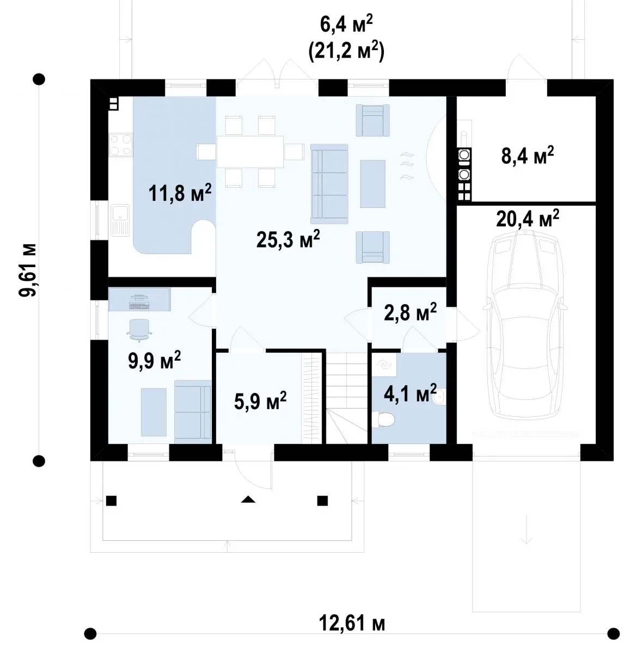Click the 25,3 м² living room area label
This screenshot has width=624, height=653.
(x=288, y=239)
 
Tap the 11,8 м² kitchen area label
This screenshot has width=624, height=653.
(x=180, y=193)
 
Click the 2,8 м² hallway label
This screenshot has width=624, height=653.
(x=410, y=311)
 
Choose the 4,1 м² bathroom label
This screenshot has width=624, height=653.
(x=410, y=393)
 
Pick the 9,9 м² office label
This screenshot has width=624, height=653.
(x=154, y=360)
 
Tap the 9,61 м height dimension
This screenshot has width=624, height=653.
(x=27, y=270)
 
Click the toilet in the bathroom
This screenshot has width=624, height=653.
(x=383, y=420)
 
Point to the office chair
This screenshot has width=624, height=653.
(x=139, y=330)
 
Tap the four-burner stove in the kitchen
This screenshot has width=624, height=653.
(x=120, y=145)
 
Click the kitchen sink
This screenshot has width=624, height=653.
(x=119, y=220)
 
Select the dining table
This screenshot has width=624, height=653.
(x=250, y=152)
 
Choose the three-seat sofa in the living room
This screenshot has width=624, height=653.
(x=329, y=184)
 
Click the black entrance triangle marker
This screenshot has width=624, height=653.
(x=248, y=499)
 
